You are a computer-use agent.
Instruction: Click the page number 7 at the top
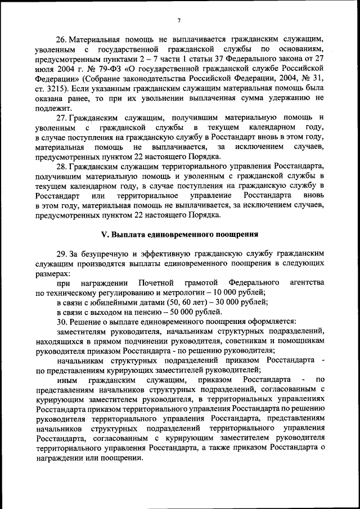pyautogui.click(x=178, y=21)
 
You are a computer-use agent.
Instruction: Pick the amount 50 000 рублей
pyautogui.click(x=189, y=312)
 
